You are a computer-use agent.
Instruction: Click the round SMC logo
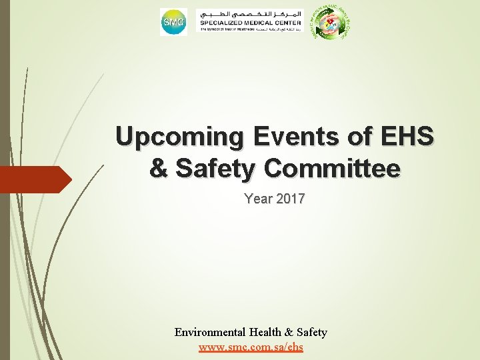point(173,23)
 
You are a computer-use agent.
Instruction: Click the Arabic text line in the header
point(251,14)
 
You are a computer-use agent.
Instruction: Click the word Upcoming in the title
point(171,137)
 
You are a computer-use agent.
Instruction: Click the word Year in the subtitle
point(257,198)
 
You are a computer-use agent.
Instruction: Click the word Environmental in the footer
point(208,332)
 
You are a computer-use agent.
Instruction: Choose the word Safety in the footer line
point(311,332)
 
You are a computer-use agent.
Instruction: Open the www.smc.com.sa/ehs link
point(251,347)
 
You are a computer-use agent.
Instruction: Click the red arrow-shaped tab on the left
point(33,179)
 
